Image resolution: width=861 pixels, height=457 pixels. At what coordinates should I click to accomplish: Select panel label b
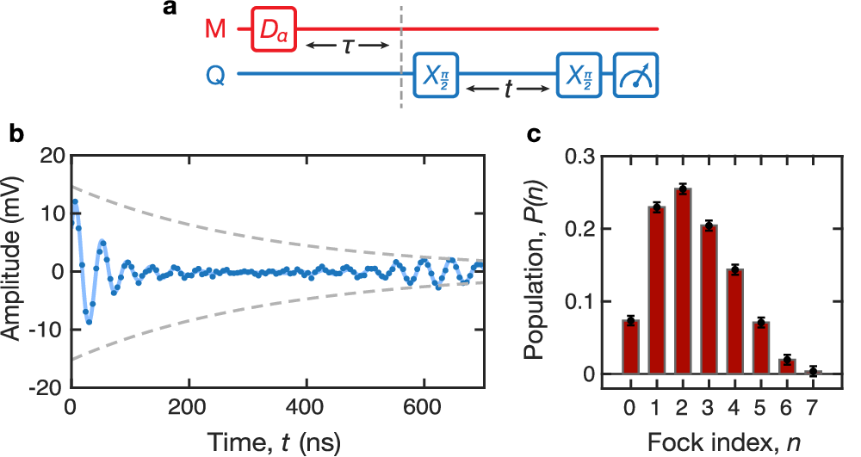coord(15,133)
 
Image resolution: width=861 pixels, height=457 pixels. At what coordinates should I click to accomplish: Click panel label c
coord(534,133)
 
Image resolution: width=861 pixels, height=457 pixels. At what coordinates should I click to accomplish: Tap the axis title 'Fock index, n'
coord(728,442)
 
